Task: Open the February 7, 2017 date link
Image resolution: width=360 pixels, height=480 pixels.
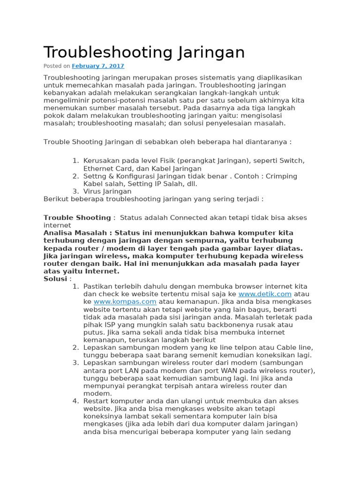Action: click(98, 66)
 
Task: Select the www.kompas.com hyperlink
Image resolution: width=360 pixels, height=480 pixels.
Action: click(125, 301)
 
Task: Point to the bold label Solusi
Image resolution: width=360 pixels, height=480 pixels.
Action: click(55, 279)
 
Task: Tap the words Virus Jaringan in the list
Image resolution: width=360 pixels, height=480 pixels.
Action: click(107, 191)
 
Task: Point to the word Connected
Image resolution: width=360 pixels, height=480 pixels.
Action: click(190, 217)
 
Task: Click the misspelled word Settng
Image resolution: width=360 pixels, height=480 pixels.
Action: click(96, 176)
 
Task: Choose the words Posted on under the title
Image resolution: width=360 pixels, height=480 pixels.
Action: click(57, 66)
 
